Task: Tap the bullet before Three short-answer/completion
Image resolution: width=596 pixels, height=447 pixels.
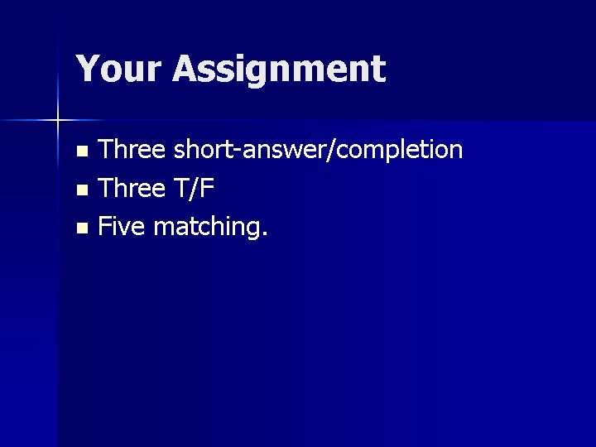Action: coord(80,151)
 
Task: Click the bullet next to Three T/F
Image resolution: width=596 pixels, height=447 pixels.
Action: coord(80,190)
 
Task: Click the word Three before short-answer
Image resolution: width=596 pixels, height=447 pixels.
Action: coord(132,150)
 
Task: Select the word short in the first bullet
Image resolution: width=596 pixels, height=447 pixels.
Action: coord(203,150)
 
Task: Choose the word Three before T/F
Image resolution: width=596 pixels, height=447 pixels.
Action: coord(132,188)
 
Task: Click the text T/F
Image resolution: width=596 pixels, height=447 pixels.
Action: coord(194,188)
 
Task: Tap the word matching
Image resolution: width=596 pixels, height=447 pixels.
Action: coord(207,227)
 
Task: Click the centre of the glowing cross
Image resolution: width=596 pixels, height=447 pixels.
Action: coord(57,122)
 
